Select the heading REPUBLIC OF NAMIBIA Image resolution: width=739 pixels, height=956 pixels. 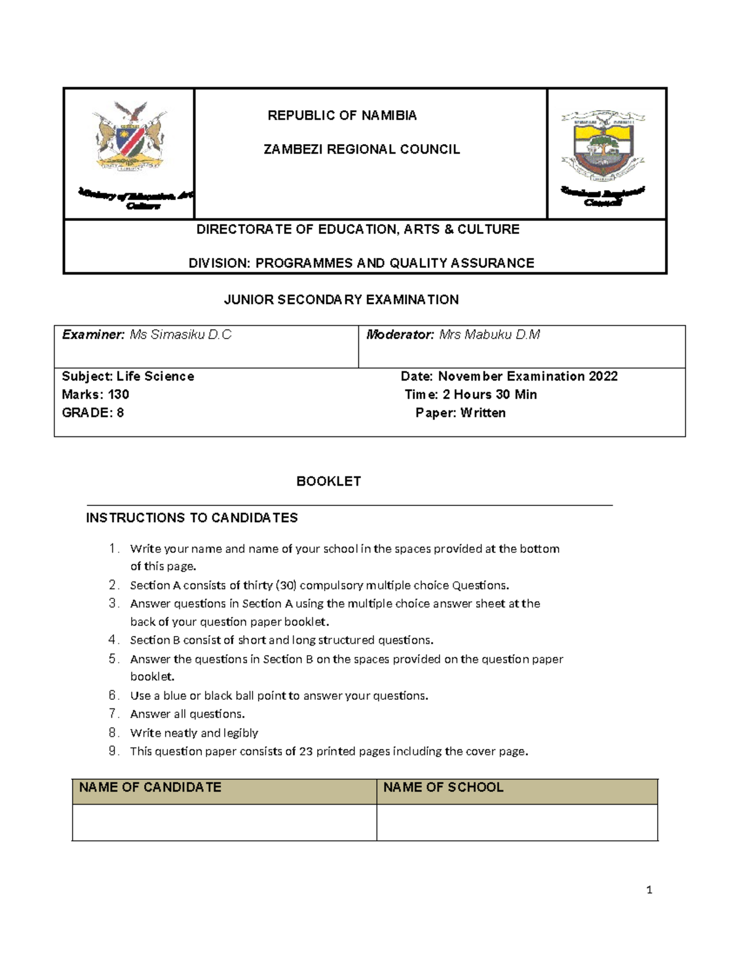coord(342,116)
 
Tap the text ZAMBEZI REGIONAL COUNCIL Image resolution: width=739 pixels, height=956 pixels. coord(361,150)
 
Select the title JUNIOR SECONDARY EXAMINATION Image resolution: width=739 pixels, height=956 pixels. coord(341,300)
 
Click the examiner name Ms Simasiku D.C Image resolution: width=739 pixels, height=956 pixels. coord(180,335)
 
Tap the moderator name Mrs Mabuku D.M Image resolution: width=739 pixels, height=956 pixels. coord(490,335)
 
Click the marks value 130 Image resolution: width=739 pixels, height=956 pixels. coord(118,395)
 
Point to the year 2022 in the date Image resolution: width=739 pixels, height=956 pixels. coord(603,376)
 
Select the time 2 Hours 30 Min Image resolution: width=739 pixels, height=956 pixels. coord(490,395)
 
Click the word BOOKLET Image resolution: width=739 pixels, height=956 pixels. coord(328,481)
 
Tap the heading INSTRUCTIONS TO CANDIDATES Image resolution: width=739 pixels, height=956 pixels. coord(192,518)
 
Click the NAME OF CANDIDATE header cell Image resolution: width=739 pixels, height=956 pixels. coord(224,791)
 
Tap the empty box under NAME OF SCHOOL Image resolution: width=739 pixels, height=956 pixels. coord(517,822)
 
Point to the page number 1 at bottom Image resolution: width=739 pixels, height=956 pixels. coord(649,890)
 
